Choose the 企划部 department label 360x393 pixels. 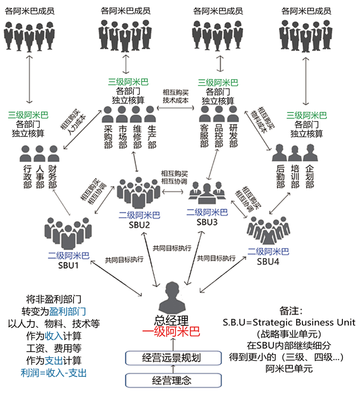pyautogui.click(x=310, y=177)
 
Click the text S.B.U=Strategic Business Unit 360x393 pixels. pyautogui.click(x=289, y=323)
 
